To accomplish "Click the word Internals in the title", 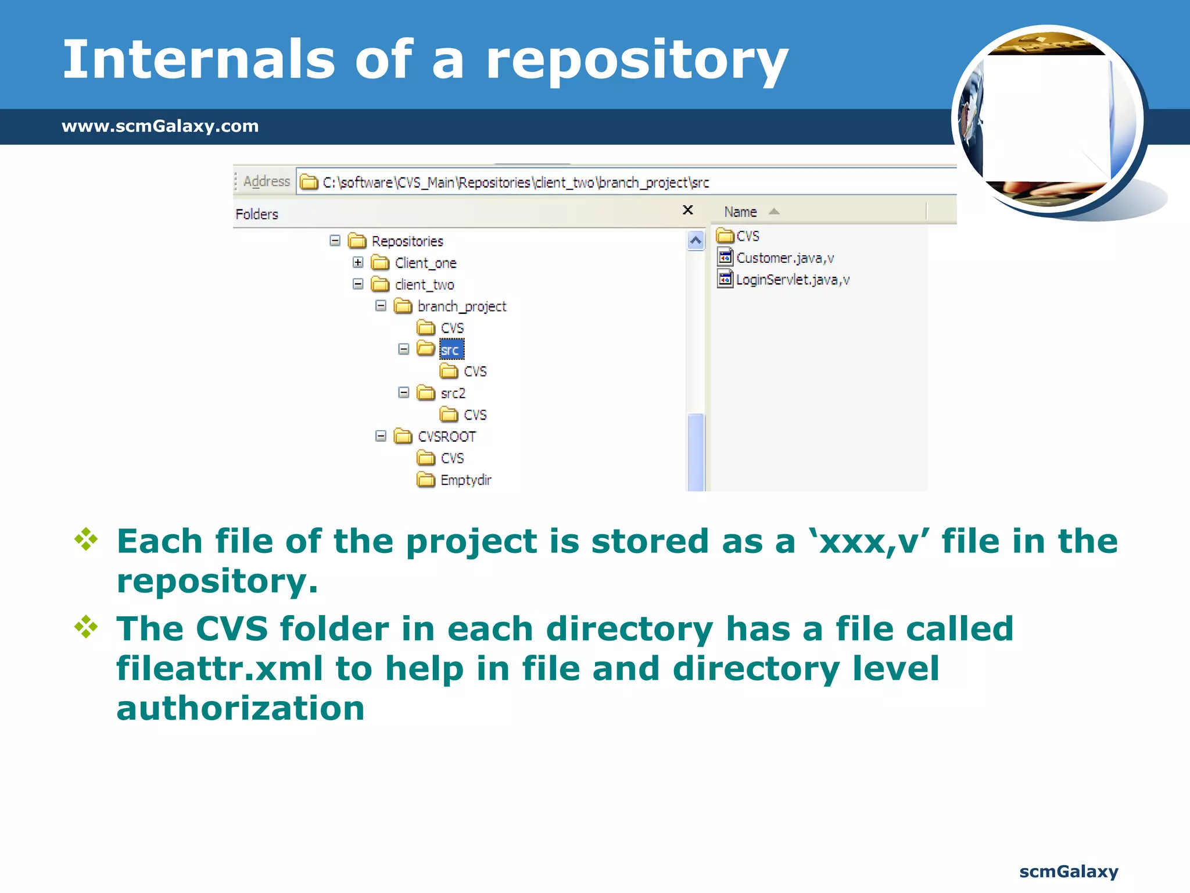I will pyautogui.click(x=198, y=59).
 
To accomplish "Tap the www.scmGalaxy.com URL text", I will pyautogui.click(x=160, y=126).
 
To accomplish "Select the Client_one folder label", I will pyautogui.click(x=425, y=263).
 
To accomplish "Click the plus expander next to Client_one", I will pyautogui.click(x=358, y=263).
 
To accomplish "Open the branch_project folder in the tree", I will pyautogui.click(x=461, y=306).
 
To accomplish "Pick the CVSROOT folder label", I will pyautogui.click(x=446, y=437).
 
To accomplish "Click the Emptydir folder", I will pyautogui.click(x=465, y=480).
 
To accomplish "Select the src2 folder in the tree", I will pyautogui.click(x=453, y=394).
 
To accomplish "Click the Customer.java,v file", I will pyautogui.click(x=784, y=258).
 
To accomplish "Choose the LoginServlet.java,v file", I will pyautogui.click(x=792, y=280).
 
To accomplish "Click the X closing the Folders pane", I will pyautogui.click(x=687, y=210).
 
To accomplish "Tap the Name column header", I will pyautogui.click(x=740, y=212).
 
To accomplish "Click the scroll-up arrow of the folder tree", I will pyautogui.click(x=696, y=240).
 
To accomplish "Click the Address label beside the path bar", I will pyautogui.click(x=266, y=181).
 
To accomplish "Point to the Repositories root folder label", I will pyautogui.click(x=407, y=241).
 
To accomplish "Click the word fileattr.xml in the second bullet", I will pyautogui.click(x=220, y=669).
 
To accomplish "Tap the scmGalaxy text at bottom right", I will pyautogui.click(x=1068, y=871).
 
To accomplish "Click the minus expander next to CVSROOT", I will pyautogui.click(x=381, y=436).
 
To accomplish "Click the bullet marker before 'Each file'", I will pyautogui.click(x=86, y=539).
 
